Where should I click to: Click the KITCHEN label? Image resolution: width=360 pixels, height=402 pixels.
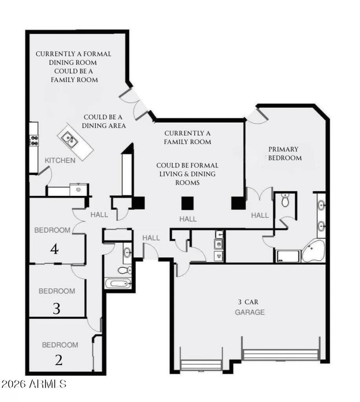[x=60, y=160]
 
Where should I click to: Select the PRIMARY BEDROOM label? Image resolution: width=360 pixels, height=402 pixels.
[x=285, y=154]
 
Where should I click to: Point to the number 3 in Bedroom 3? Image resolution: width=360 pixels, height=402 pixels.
[x=56, y=308]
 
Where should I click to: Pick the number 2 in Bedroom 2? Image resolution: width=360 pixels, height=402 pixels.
[x=58, y=360]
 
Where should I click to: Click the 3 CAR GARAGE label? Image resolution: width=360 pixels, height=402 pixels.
[x=249, y=307]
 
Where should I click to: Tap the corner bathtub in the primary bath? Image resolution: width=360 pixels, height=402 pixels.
[x=313, y=251]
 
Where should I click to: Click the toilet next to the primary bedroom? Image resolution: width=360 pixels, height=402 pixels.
[x=285, y=201]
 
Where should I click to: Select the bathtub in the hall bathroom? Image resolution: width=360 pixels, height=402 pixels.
[x=118, y=284]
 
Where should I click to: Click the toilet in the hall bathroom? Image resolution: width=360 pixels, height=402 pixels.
[x=124, y=270]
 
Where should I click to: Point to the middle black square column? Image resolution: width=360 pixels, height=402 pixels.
[x=188, y=203]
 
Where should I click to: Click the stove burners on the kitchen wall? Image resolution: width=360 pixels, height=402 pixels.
[x=33, y=140]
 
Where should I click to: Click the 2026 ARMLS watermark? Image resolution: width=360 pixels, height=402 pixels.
[x=34, y=384]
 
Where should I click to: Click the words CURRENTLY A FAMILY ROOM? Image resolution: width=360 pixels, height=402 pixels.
[x=188, y=137]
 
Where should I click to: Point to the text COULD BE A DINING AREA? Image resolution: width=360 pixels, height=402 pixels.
[x=103, y=121]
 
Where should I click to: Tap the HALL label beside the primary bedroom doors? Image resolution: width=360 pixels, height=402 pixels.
[x=260, y=215]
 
